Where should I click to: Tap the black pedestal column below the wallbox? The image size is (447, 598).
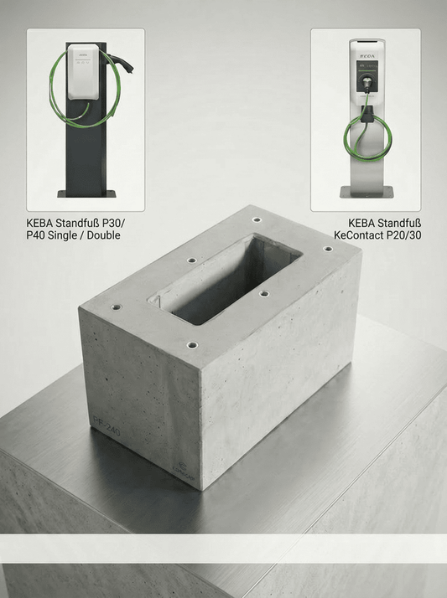[x=86, y=155]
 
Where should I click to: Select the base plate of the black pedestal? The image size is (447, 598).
[x=86, y=193]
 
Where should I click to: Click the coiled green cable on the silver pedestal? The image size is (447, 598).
[x=366, y=134]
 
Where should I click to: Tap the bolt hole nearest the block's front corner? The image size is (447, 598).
[x=192, y=344]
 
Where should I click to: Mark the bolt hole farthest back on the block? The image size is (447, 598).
[x=256, y=219]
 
